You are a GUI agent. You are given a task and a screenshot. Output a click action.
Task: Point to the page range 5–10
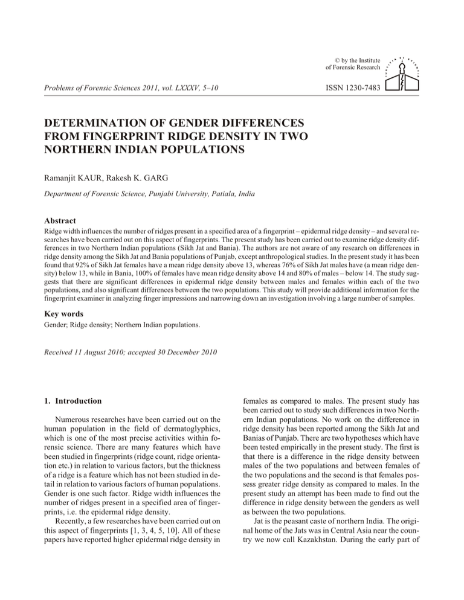[x=207, y=88]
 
